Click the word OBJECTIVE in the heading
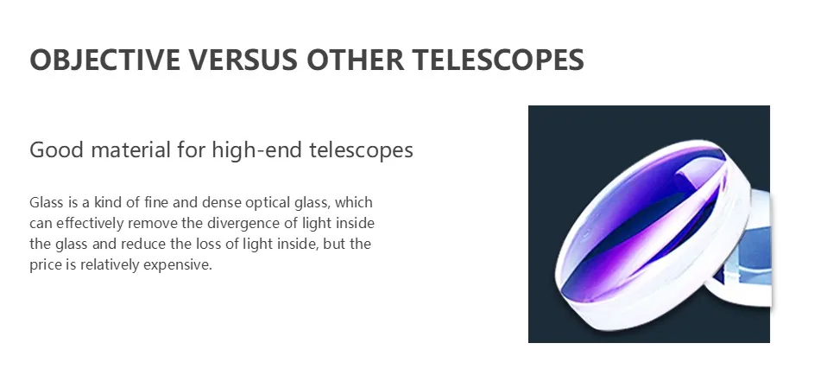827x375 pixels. (104, 59)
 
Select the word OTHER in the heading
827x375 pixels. (356, 59)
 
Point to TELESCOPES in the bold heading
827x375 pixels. (498, 59)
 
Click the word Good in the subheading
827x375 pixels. (56, 150)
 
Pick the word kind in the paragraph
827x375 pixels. (108, 203)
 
